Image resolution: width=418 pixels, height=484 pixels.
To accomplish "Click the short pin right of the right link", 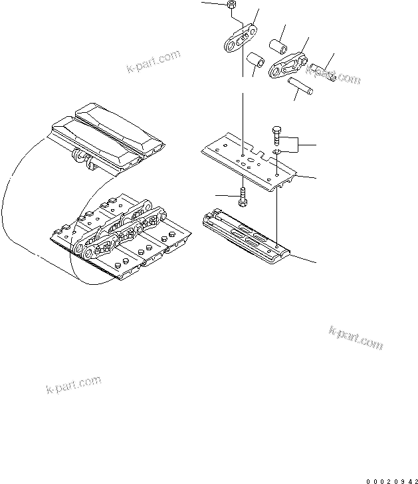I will point(320,69).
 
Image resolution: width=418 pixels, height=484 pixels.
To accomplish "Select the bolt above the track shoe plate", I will point(276,135).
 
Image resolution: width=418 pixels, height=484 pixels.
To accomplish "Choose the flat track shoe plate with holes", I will point(248,159).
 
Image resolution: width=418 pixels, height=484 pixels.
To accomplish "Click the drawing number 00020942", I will point(392,477).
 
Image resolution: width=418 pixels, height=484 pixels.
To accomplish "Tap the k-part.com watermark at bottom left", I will point(74,384).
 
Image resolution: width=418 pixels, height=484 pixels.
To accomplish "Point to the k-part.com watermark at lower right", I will point(356,338).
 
